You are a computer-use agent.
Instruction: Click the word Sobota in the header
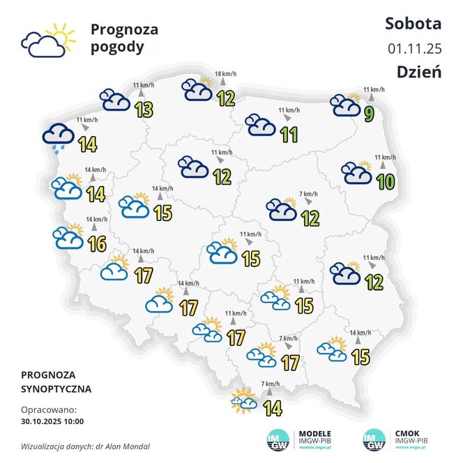[413, 24]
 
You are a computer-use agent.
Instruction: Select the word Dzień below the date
[419, 72]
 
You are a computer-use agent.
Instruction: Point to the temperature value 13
[144, 109]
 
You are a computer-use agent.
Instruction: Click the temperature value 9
[370, 111]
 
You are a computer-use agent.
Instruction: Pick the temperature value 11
[289, 134]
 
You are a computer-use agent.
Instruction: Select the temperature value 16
[98, 244]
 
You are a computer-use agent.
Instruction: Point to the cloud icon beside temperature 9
[346, 105]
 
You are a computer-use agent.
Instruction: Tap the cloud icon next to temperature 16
[68, 237]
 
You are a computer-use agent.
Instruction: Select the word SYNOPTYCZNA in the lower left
[56, 388]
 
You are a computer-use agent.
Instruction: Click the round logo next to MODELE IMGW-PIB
[280, 439]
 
